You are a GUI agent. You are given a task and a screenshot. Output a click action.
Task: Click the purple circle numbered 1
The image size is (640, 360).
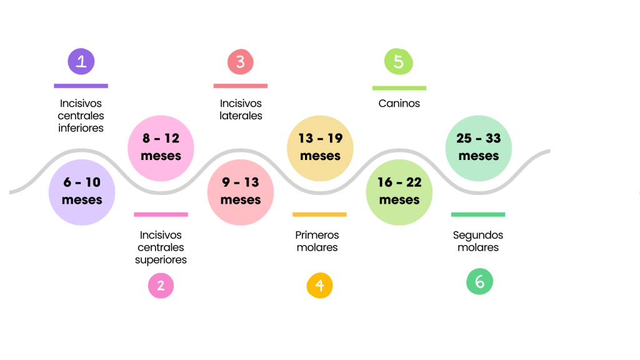81,62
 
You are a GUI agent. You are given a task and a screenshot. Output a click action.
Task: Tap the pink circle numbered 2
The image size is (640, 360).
161,286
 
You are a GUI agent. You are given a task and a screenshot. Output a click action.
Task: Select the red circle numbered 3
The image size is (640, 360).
240,62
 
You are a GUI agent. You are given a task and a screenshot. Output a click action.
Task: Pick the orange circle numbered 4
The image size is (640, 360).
319,286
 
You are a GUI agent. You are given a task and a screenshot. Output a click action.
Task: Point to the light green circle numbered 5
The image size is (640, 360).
399,62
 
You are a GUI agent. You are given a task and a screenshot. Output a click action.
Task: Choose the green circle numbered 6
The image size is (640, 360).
479,282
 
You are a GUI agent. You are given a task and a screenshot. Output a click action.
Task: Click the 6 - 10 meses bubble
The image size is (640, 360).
82,192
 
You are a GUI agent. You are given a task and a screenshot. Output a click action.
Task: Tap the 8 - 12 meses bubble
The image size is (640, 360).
161,147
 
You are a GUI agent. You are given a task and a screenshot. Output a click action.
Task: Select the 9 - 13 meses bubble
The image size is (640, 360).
241,192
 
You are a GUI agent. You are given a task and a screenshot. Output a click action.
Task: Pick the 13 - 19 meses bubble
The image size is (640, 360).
320,147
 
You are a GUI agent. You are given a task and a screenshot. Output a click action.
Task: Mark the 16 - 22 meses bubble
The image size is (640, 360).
399,192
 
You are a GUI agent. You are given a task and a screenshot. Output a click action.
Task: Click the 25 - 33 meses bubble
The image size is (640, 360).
479,147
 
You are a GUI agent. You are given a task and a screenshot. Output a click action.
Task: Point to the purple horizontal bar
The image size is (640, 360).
81,86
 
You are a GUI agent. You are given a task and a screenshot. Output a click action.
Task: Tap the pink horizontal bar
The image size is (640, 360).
161,214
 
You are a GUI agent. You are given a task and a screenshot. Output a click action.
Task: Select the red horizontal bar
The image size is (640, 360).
241,86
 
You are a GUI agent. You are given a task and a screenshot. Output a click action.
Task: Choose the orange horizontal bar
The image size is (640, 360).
319,214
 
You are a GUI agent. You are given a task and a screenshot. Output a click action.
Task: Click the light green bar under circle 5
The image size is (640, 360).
399,88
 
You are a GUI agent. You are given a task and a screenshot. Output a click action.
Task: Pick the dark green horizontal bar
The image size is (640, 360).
478,214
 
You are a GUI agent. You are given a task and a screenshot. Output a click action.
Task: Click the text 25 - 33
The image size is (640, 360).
479,138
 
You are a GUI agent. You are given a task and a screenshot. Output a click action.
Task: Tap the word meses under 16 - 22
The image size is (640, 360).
399,200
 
